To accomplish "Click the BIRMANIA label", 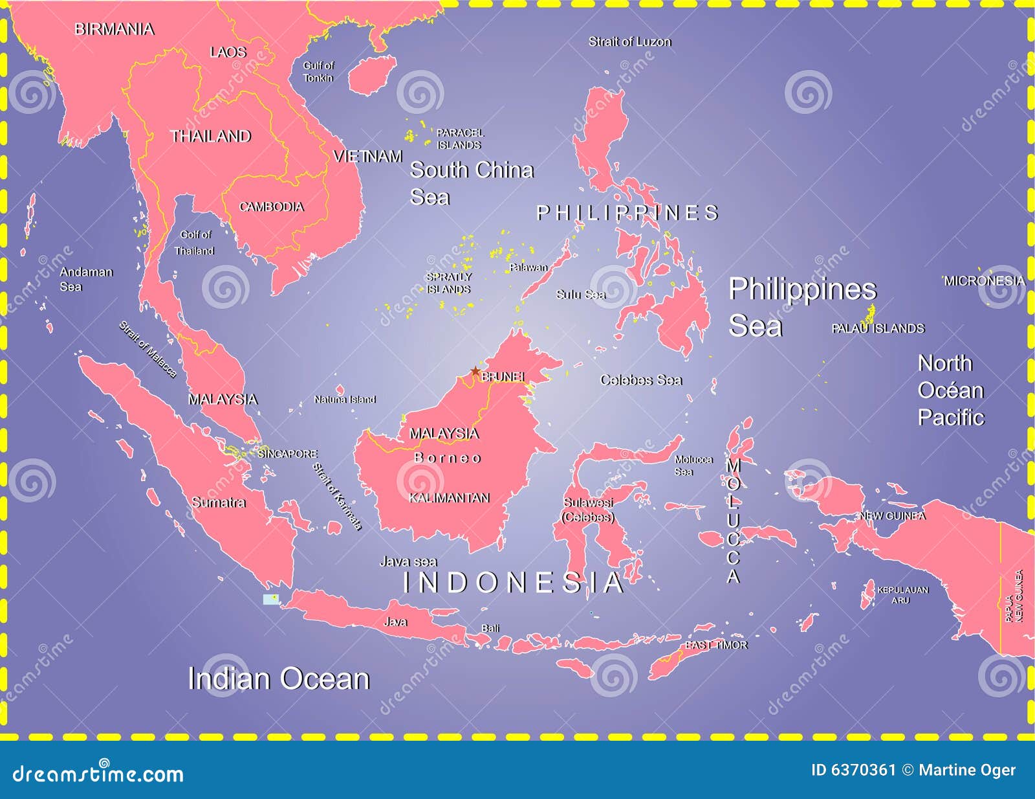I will click(114, 29).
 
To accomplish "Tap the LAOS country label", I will click(228, 52).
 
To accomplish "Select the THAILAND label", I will click(210, 136).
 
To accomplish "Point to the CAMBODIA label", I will click(272, 207).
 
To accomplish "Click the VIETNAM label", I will click(368, 156).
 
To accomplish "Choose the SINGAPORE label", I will click(288, 454).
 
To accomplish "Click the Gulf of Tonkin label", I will click(318, 71).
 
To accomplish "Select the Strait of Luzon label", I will click(629, 41).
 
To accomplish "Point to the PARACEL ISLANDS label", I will click(459, 139).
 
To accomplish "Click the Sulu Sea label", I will click(581, 295).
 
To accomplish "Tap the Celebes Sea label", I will click(641, 380).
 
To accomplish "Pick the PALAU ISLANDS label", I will click(878, 328).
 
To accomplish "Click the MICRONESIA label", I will click(984, 280).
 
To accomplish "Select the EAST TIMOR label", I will click(716, 645).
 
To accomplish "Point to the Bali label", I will click(490, 628).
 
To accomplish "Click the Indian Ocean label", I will click(278, 679).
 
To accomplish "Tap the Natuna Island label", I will click(345, 399).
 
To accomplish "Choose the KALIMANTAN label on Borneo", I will click(449, 498).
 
